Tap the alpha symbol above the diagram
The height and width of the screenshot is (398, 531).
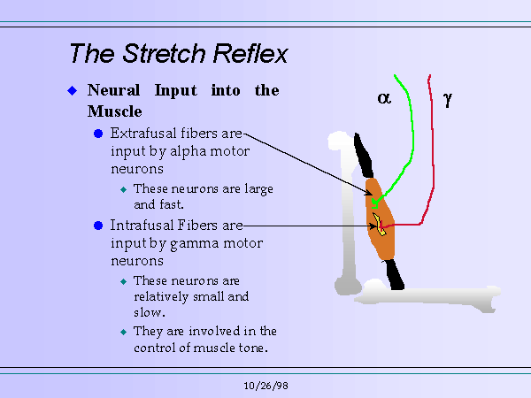click(384, 99)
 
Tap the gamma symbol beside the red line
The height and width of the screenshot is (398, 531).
click(448, 100)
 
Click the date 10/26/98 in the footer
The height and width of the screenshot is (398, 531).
click(265, 387)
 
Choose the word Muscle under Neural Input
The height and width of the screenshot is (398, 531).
click(115, 111)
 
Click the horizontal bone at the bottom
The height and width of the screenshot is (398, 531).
click(425, 300)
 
